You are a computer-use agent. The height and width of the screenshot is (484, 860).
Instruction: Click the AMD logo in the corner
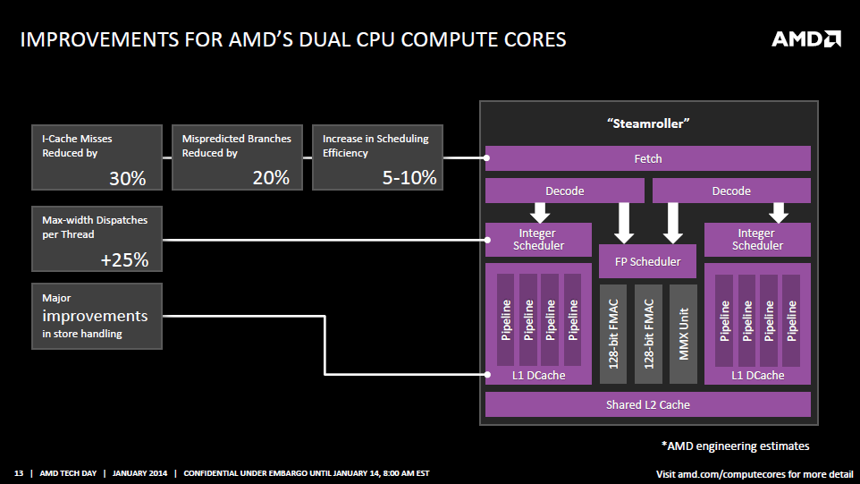[x=805, y=39]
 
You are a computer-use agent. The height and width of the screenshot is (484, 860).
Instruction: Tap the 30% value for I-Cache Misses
[x=127, y=178]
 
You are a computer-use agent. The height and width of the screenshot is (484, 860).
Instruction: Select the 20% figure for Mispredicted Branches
[x=271, y=177]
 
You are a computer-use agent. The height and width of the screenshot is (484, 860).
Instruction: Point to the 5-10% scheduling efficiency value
[x=409, y=177]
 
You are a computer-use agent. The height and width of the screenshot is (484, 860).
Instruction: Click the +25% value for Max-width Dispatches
[x=124, y=259]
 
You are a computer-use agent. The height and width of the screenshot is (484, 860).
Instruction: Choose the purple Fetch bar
[x=648, y=158]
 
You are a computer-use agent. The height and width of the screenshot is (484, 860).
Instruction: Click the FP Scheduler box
[x=648, y=262]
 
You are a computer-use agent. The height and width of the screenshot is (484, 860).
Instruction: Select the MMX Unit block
[x=683, y=334]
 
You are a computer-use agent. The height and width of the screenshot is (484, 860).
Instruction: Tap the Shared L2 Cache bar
[x=648, y=404]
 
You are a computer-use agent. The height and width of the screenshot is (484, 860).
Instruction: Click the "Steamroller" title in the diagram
[x=648, y=123]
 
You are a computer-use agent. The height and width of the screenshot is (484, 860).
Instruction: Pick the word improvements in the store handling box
[x=95, y=316]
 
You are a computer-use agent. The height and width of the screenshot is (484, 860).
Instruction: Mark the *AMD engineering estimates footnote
[x=735, y=446]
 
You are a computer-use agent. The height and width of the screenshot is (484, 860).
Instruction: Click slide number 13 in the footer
[x=19, y=473]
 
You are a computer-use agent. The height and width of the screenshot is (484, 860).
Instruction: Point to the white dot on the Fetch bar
[x=486, y=158]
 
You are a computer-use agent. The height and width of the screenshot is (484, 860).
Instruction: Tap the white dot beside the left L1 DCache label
[x=487, y=375]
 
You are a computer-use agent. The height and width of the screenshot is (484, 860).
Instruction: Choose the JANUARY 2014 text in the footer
[x=139, y=473]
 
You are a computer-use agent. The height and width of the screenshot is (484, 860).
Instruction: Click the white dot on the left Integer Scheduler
[x=487, y=240]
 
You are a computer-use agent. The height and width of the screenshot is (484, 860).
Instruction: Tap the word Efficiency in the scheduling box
[x=345, y=153]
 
